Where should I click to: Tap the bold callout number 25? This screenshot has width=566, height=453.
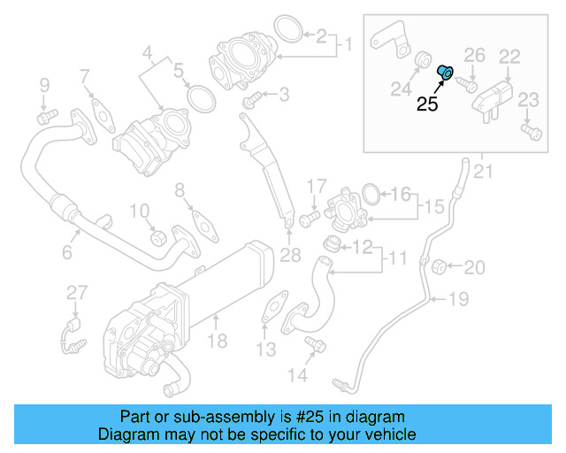pyautogui.click(x=428, y=104)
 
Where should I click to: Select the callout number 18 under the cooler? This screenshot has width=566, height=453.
pyautogui.click(x=217, y=341)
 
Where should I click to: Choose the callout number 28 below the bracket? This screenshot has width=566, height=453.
pyautogui.click(x=291, y=257)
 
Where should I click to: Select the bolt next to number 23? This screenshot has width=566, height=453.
pyautogui.click(x=530, y=132)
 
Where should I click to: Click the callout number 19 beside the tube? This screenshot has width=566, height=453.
pyautogui.click(x=457, y=299)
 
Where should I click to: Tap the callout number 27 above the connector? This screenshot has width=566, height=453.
pyautogui.click(x=77, y=292)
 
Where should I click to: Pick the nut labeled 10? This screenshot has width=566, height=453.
pyautogui.click(x=159, y=236)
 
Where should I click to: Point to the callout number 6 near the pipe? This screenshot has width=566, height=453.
pyautogui.click(x=66, y=253)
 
